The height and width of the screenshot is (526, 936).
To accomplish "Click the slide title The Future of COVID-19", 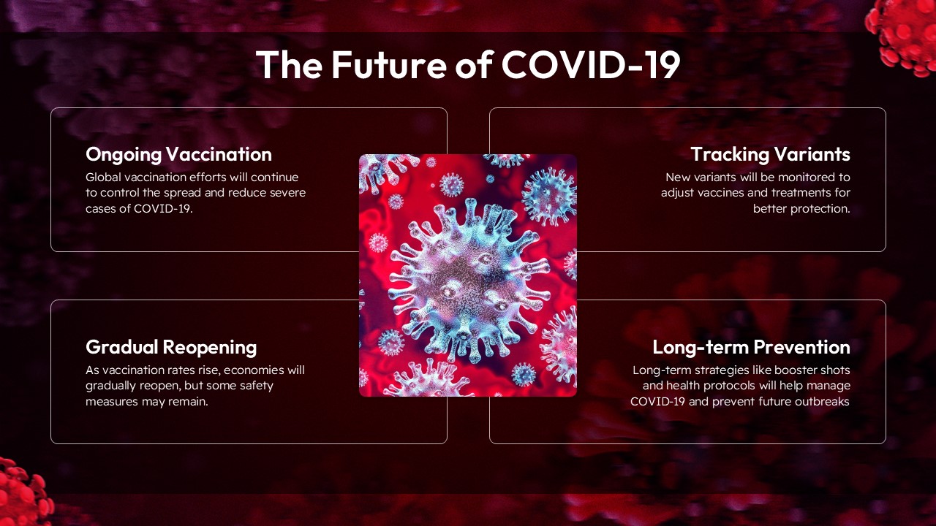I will coord(468,65).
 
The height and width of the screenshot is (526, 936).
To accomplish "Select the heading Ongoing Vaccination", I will coord(178,154).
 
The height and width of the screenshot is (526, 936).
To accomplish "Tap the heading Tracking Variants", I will coord(770,154).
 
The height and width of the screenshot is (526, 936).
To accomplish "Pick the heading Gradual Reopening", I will coord(171,346).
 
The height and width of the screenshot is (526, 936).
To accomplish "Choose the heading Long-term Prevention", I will coord(751,346).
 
